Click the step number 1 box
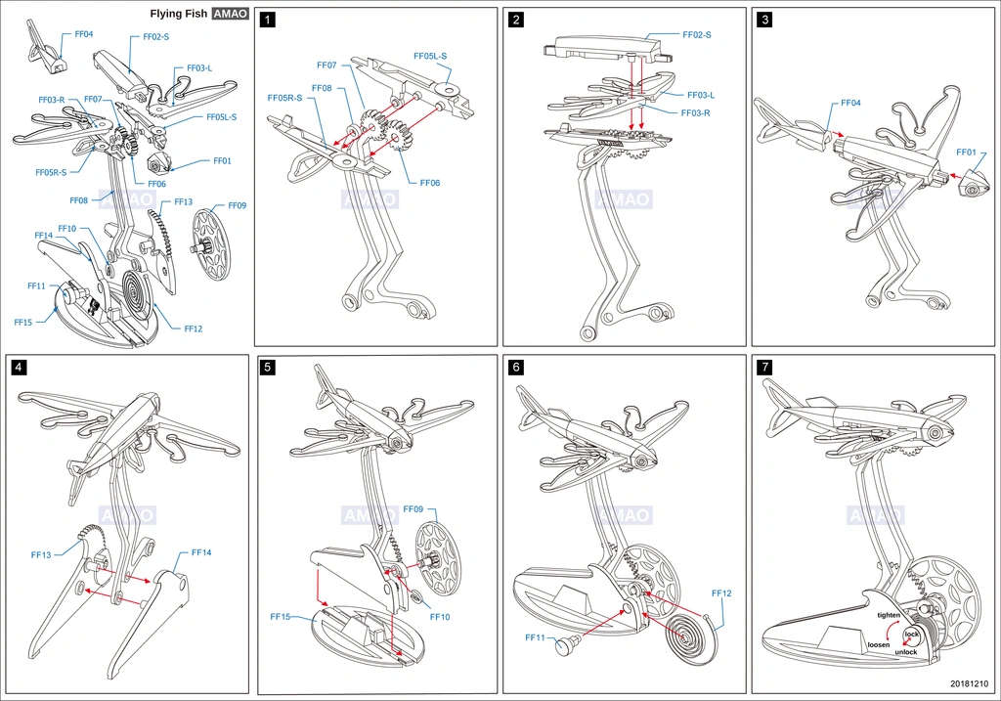[268, 20]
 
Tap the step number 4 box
[20, 367]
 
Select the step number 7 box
[764, 367]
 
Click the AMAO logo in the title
[231, 14]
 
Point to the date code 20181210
[969, 683]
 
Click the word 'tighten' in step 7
[888, 615]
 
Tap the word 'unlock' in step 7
[906, 652]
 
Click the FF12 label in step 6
[721, 593]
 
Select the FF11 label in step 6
[535, 637]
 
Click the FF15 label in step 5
[281, 617]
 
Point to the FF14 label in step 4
[201, 552]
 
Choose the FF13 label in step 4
[41, 554]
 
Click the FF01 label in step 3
[966, 152]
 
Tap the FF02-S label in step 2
[696, 34]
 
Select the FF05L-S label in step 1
[430, 56]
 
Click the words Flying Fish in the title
[179, 14]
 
